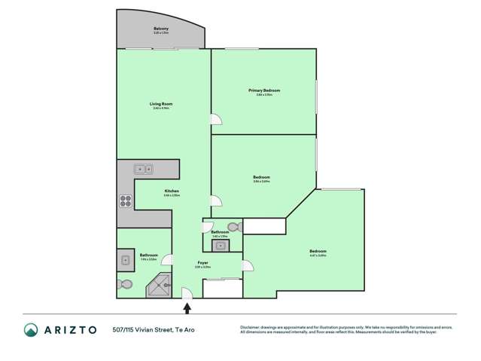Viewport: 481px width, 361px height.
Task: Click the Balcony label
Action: tap(161, 28)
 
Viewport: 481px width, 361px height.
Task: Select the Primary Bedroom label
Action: tap(264, 90)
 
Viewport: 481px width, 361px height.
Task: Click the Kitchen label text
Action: tap(171, 191)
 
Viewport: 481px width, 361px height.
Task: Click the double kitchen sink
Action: tap(143, 170)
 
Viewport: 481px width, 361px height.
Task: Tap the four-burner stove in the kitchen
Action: tap(125, 201)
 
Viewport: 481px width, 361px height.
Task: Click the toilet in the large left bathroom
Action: tap(125, 285)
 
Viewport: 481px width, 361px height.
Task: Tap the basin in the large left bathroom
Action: tap(125, 261)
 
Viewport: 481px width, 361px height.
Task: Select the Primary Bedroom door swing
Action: tap(216, 120)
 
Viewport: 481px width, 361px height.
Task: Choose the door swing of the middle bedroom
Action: tap(216, 200)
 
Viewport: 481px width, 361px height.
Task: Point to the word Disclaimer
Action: tap(251, 327)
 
